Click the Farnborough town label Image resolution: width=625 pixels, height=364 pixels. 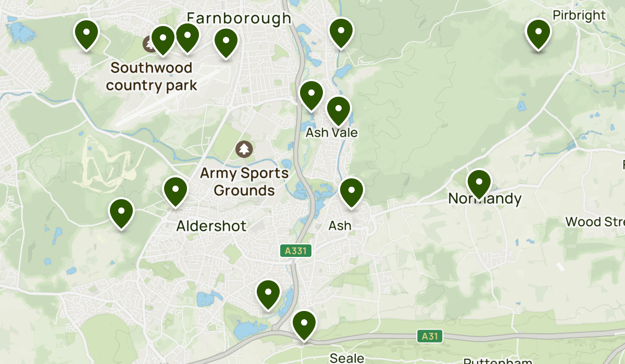(239, 18)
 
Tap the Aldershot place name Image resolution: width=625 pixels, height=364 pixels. (211, 226)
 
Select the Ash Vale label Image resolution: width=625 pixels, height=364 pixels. (332, 133)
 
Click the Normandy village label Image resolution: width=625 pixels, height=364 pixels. (484, 199)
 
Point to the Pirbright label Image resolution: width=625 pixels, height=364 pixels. (579, 15)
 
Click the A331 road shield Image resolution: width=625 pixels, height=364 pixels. (296, 251)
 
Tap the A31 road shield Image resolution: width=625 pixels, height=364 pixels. (430, 336)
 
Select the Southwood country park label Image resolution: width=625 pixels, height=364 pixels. (152, 76)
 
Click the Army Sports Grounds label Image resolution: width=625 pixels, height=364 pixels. (244, 181)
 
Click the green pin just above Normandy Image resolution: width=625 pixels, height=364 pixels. (479, 184)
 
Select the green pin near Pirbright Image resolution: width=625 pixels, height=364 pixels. (539, 33)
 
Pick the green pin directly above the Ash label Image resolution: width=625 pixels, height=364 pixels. (352, 191)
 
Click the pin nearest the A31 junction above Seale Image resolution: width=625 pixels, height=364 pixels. (304, 324)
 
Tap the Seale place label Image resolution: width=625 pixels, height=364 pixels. (347, 358)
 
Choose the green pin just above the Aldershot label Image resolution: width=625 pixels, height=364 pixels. (176, 191)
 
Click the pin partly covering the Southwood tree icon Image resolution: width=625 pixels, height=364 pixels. (162, 40)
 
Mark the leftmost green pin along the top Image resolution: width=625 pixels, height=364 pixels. (86, 34)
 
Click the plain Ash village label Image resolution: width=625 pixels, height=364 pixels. (340, 226)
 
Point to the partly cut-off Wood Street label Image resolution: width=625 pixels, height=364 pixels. (595, 222)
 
